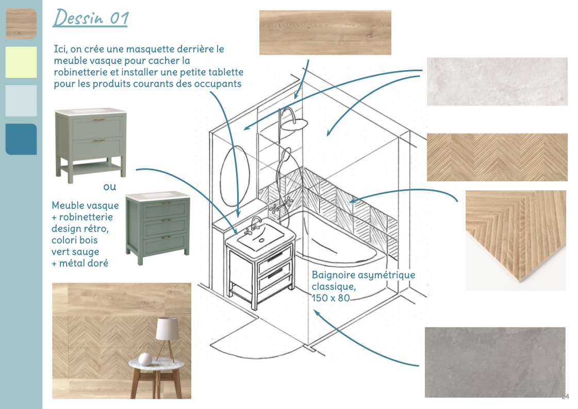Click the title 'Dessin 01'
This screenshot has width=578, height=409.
(x=91, y=18)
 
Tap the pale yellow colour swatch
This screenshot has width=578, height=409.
(x=21, y=62)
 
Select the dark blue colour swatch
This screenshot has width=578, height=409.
(x=21, y=139)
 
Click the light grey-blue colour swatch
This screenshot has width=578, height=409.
(x=21, y=101)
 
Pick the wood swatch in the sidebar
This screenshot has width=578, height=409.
(x=21, y=24)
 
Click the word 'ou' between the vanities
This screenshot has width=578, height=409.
(x=109, y=187)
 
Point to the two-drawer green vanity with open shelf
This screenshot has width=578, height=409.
(x=91, y=145)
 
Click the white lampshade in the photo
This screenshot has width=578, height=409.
(x=168, y=329)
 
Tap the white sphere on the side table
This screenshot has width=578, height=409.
(x=145, y=358)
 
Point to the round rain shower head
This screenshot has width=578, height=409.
(x=294, y=124)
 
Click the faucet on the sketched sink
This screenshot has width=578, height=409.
(x=254, y=225)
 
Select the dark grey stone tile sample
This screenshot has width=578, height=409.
(x=495, y=362)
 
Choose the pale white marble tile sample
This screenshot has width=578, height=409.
(x=497, y=81)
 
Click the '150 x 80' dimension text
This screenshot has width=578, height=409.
(x=331, y=298)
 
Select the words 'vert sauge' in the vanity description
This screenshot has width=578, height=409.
(x=76, y=252)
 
